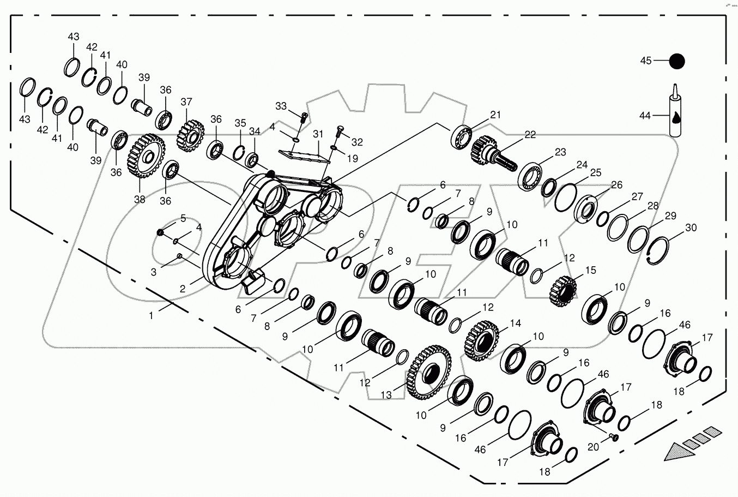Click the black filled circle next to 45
[x=677, y=61]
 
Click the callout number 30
[x=691, y=228]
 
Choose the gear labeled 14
[x=482, y=340]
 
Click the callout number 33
[x=281, y=106]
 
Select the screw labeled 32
[x=337, y=131]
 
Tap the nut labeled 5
[x=160, y=233]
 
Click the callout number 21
[x=495, y=115]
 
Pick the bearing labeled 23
[x=529, y=176]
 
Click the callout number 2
[x=183, y=289]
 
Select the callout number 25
[x=595, y=173]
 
